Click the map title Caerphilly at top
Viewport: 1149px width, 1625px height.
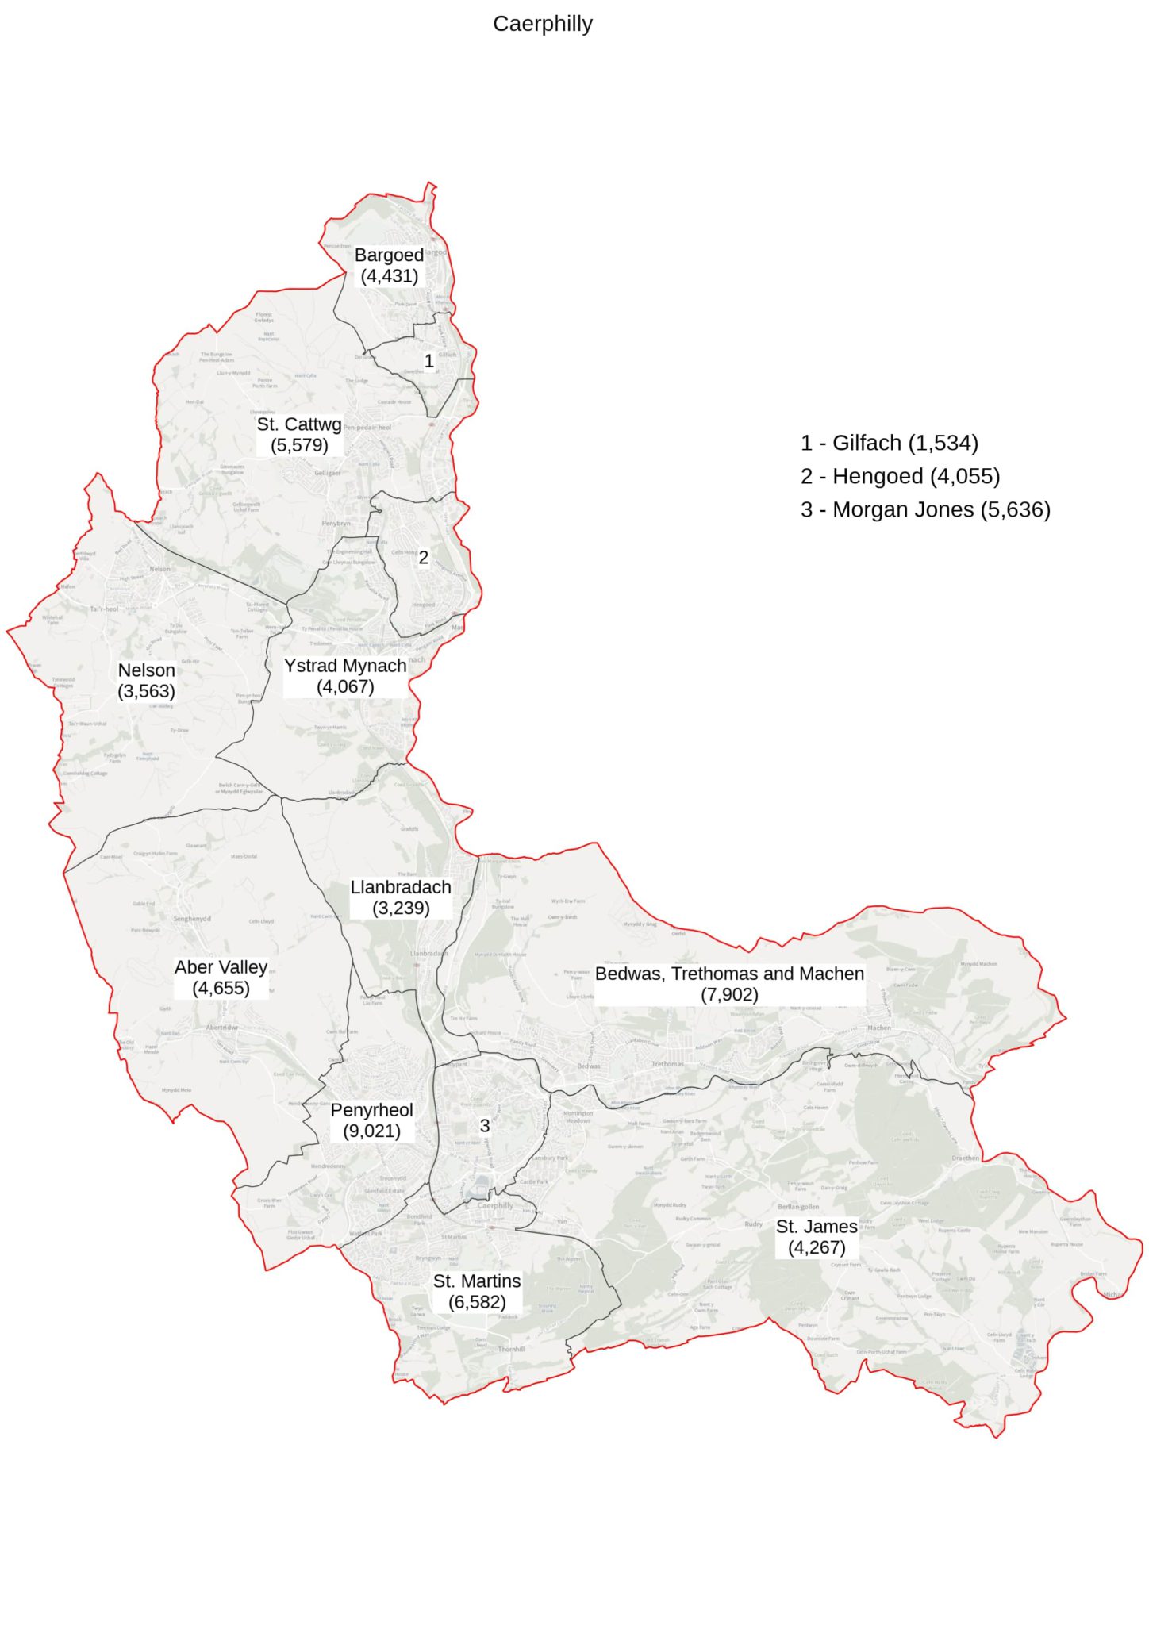click(x=542, y=24)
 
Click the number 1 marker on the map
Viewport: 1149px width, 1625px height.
click(x=428, y=361)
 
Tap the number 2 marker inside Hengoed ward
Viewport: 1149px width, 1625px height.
click(x=424, y=558)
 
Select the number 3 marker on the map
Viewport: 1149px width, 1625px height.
click(x=485, y=1125)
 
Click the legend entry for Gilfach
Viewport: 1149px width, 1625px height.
click(x=889, y=443)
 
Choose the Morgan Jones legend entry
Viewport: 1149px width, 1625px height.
click(x=925, y=509)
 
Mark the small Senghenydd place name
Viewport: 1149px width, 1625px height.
click(x=192, y=919)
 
